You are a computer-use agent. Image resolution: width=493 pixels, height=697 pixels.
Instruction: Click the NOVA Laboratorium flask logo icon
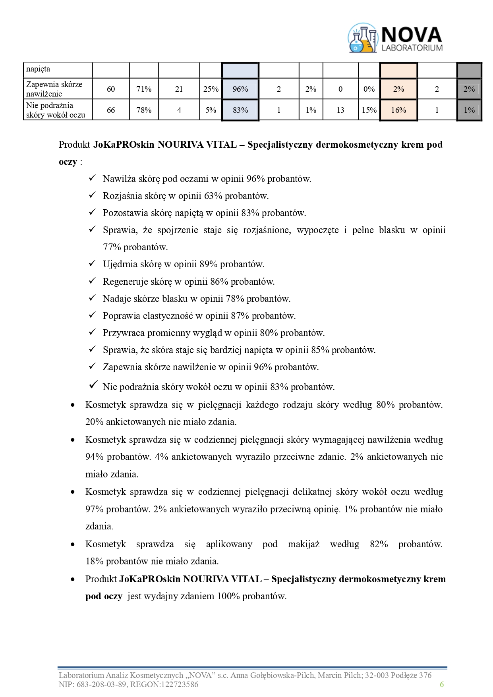pos(362,39)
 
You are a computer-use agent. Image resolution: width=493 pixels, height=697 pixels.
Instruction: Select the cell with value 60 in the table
pos(111,89)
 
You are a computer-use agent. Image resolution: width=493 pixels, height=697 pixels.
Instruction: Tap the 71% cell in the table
pos(144,89)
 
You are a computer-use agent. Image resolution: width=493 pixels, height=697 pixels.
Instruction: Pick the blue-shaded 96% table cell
pos(240,89)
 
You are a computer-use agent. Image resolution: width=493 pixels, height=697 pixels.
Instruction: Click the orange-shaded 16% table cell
pos(398,110)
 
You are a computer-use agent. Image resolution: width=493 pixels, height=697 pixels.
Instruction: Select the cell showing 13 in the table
pos(340,110)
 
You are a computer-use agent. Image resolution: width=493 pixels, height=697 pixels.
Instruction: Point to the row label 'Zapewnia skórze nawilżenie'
pos(54,89)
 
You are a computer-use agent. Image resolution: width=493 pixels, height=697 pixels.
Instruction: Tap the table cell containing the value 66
pos(111,110)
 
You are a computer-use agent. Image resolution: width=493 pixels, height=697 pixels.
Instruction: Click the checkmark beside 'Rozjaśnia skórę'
pos(92,195)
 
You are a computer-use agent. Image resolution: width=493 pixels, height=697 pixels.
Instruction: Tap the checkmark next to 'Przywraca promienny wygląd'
pos(92,332)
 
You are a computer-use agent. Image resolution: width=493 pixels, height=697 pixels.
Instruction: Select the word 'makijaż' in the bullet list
pos(304,544)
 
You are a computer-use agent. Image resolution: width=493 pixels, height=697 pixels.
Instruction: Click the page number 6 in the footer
pos(442,684)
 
